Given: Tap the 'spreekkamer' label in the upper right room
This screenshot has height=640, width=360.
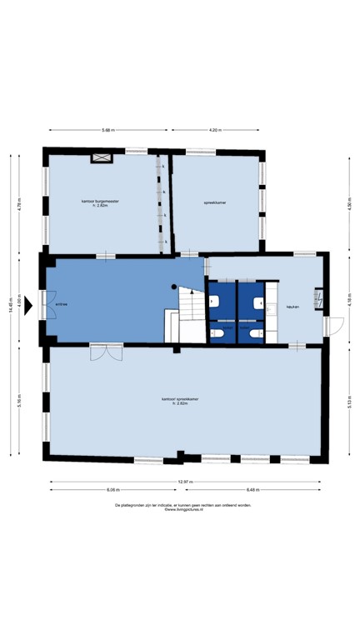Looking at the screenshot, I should [215, 202].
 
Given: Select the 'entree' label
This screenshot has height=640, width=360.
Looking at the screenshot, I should [61, 305].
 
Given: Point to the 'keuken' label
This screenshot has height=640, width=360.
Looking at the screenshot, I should [292, 307].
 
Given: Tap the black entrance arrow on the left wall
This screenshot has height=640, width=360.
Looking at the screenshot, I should [28, 305].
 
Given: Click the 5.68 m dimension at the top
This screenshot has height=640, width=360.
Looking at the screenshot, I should [107, 131].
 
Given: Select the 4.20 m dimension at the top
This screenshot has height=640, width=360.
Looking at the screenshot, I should [214, 131].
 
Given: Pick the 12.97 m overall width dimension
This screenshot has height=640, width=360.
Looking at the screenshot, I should [184, 482].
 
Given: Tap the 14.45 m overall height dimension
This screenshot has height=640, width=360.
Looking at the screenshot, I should [10, 305].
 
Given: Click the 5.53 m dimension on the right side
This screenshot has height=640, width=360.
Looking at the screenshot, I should [348, 402].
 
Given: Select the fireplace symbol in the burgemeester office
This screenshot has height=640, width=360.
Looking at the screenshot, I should [102, 157].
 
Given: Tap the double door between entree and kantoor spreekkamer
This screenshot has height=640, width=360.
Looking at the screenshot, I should [106, 353].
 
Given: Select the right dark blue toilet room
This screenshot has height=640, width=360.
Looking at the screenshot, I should [252, 312].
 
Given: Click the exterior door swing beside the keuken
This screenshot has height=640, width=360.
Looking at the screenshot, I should [332, 327].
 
